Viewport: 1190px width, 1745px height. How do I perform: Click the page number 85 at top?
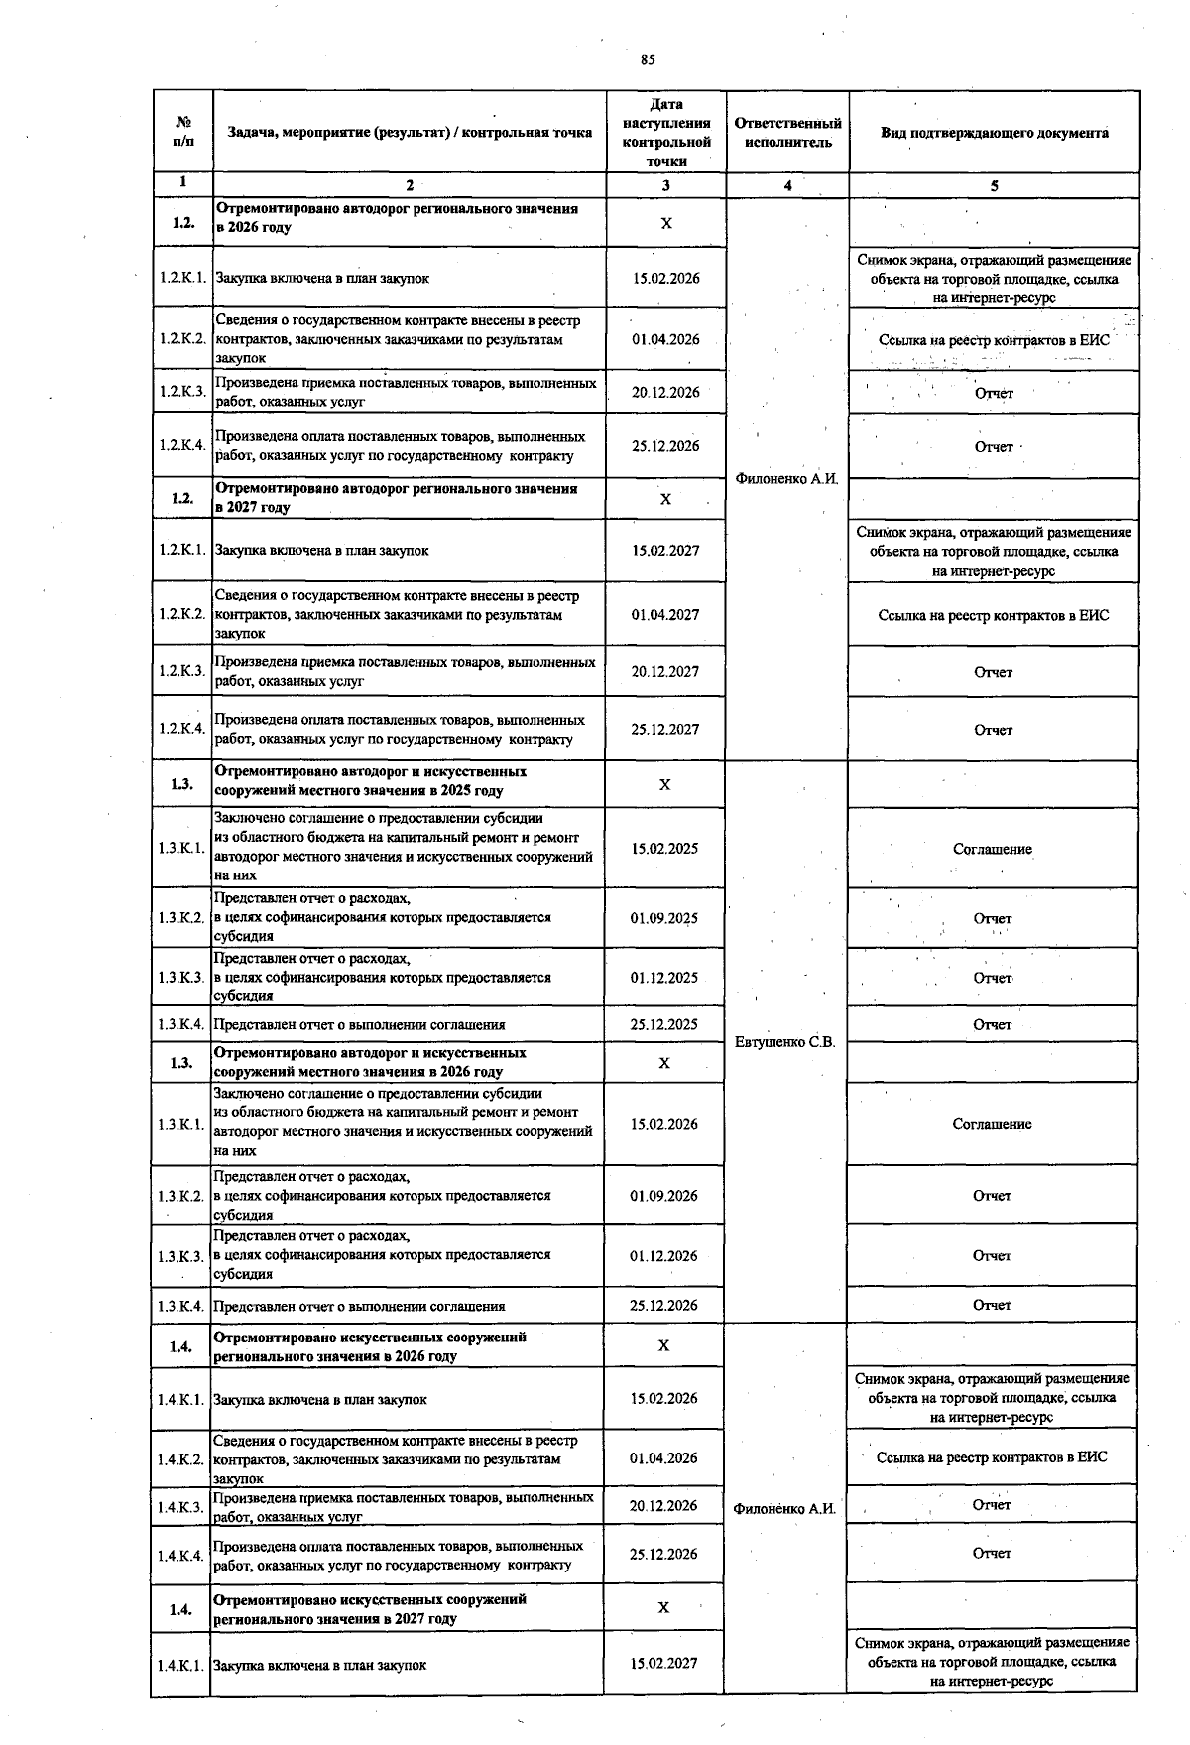[x=647, y=59]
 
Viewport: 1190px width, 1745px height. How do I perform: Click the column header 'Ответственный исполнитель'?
[x=787, y=133]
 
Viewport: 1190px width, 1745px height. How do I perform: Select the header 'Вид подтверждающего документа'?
[x=994, y=133]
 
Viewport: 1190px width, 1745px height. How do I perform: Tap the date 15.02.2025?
[x=664, y=849]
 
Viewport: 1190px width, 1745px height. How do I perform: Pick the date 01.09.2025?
[x=664, y=918]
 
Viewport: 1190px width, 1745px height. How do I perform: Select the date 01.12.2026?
[x=664, y=1256]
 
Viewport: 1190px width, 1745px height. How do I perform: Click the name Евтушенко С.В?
[x=785, y=1042]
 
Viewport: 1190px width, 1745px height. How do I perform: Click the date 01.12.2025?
[x=664, y=978]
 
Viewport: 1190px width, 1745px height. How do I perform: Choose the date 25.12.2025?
[x=664, y=1025]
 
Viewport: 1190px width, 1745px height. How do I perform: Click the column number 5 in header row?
[x=994, y=185]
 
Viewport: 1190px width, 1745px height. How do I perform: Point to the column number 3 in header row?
[x=665, y=185]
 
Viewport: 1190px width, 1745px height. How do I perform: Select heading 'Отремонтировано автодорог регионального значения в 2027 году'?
[x=397, y=498]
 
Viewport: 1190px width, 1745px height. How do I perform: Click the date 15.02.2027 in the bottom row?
[x=664, y=1664]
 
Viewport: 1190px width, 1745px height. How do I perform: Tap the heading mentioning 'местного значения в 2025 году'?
[x=371, y=781]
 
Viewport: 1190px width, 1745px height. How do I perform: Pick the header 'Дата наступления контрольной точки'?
[x=665, y=133]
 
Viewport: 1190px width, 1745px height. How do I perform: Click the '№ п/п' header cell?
[x=182, y=133]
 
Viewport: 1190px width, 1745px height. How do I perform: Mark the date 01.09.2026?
[x=664, y=1196]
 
